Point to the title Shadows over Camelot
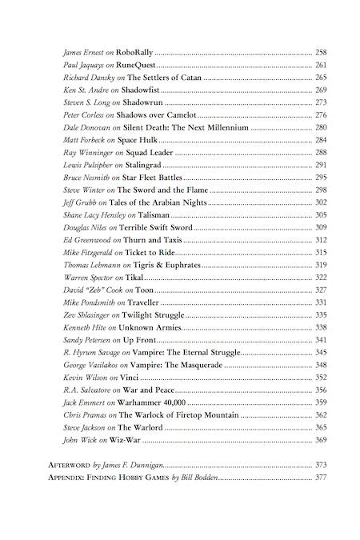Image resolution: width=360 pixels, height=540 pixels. tap(157, 115)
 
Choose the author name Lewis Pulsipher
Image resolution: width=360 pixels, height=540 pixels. tap(86, 164)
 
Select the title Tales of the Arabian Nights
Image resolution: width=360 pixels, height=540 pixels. tap(160, 202)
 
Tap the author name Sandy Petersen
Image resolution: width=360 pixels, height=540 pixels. tap(86, 340)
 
